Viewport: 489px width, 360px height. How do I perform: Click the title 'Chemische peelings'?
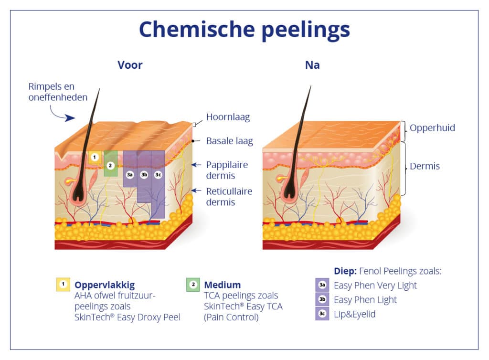(x=244, y=30)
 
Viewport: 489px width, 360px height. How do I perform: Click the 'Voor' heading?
(x=130, y=65)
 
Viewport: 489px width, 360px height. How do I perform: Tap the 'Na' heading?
(x=312, y=65)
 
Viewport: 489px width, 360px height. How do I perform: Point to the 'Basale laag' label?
(x=229, y=141)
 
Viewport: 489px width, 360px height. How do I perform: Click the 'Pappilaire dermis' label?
(x=227, y=170)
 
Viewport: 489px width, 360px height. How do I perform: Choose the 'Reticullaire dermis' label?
(x=229, y=196)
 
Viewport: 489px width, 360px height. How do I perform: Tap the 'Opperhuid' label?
(x=432, y=128)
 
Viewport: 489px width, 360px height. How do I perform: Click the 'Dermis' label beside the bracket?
(x=425, y=167)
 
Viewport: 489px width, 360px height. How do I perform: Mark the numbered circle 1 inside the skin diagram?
(x=95, y=157)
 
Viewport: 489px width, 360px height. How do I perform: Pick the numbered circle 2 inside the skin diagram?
(x=110, y=165)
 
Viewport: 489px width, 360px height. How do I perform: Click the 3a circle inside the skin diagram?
(x=130, y=175)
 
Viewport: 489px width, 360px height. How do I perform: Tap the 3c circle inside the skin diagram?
(x=158, y=175)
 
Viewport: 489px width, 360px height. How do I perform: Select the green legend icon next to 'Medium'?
(x=193, y=285)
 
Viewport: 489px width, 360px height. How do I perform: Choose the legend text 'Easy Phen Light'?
(x=365, y=300)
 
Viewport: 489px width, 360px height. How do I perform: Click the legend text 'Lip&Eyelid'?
(x=355, y=314)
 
